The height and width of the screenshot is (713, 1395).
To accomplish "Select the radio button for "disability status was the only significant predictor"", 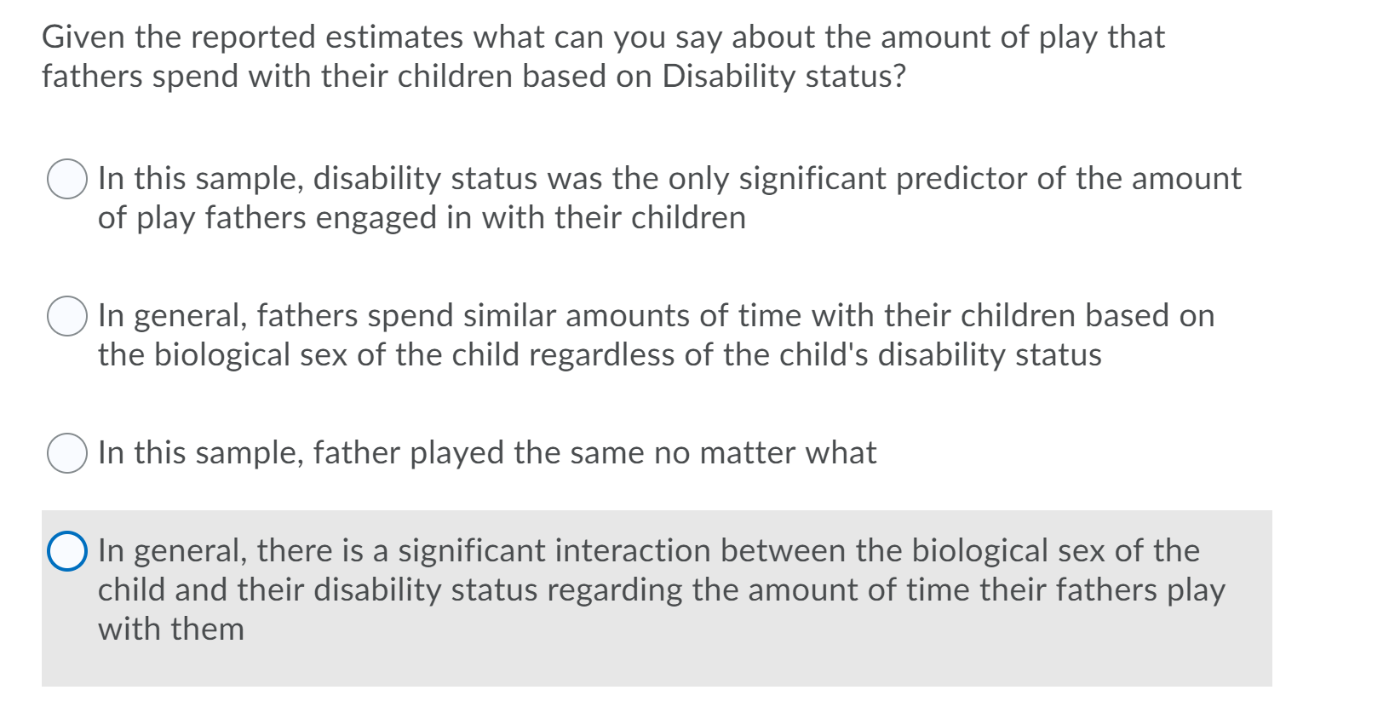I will [66, 179].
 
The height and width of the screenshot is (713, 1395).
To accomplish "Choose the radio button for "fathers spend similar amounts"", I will [66, 316].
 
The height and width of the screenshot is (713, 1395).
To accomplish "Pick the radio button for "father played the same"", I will [66, 453].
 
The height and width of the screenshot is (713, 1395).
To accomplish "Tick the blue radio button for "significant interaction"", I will [66, 551].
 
